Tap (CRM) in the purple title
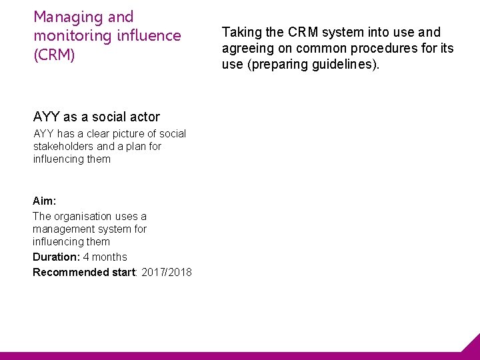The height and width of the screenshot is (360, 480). point(54,55)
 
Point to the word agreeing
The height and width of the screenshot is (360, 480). point(247,49)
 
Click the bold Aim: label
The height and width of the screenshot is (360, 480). point(45,201)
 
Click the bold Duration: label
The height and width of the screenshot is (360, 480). point(56,257)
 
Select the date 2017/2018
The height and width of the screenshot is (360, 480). point(167,272)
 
